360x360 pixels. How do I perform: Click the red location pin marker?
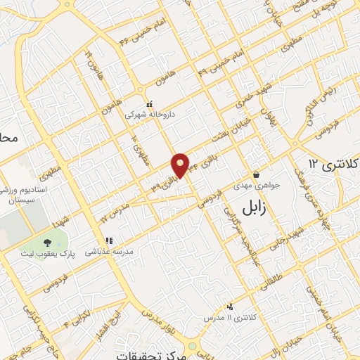click(180, 165)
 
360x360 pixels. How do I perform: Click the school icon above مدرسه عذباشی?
click(109, 241)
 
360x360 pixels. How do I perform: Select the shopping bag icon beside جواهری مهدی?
click(255, 174)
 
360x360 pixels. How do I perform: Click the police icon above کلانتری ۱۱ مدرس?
click(230, 307)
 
